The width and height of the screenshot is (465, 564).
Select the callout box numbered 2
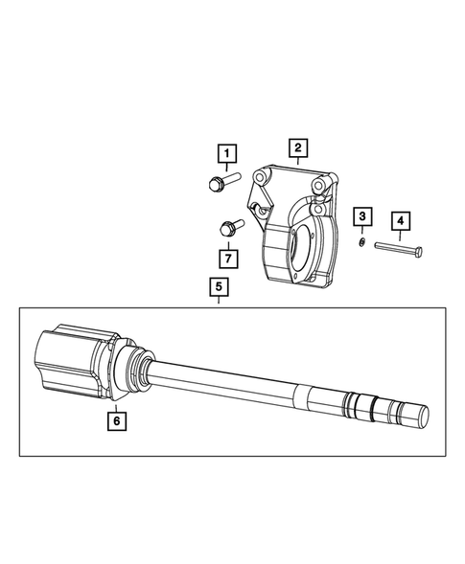point(298,147)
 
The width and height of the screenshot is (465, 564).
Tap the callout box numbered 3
point(363,217)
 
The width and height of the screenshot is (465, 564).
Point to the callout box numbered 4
point(401,222)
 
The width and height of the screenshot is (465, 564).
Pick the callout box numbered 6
point(115,418)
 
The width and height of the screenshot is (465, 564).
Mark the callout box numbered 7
point(226,258)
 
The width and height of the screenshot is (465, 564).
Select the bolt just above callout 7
point(229,227)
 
